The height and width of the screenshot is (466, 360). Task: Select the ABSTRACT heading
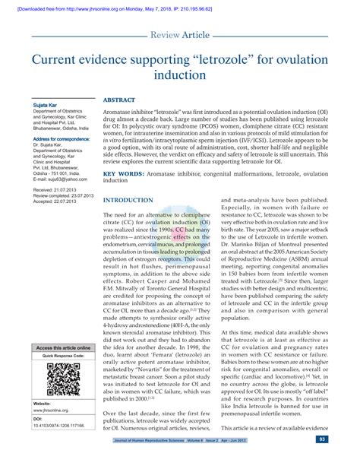coord(119,100)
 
